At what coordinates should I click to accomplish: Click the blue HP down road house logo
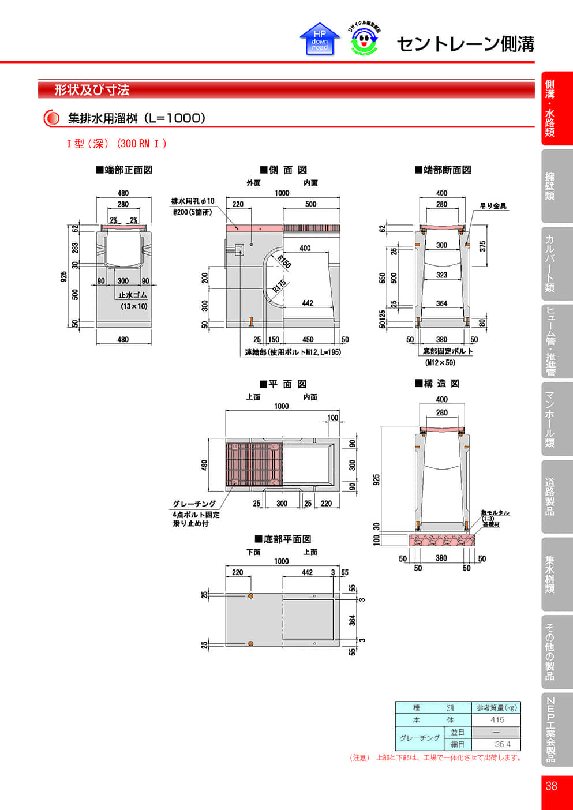point(320,39)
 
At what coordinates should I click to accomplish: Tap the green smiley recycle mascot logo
point(364,40)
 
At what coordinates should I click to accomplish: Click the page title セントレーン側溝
point(465,44)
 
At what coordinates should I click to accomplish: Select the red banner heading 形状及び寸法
point(92,90)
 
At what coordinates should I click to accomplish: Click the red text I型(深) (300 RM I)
point(117,144)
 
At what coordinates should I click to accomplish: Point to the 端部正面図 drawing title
point(124,170)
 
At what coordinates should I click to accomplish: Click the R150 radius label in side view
point(284,261)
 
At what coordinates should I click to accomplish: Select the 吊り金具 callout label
point(493,206)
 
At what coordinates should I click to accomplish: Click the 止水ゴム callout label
point(133,295)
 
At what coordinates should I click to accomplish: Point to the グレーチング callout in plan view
point(194,504)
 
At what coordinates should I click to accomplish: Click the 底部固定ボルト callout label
point(447,351)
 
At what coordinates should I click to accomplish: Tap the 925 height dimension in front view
point(64,276)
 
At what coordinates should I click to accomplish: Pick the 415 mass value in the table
point(497,720)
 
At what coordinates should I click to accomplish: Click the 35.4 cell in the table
point(502,744)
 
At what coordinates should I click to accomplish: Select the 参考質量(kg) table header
point(496,707)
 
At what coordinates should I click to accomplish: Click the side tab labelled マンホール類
point(550,419)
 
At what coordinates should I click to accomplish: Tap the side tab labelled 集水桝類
point(550,574)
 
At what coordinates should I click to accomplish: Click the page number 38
point(551,786)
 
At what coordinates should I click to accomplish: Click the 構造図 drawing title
point(437,384)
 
